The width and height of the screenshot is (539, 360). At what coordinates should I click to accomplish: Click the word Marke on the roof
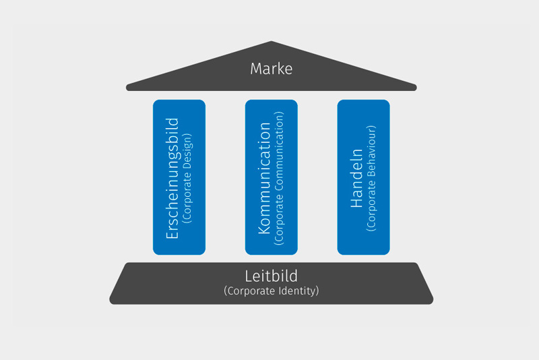271,69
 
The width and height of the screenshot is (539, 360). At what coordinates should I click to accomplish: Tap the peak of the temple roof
272,43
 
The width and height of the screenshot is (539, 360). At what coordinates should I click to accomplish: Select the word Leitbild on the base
271,276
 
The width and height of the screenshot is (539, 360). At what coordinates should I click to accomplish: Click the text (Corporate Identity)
271,291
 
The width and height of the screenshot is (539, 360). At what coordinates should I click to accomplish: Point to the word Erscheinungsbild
172,178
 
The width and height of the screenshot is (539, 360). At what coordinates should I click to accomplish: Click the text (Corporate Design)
187,178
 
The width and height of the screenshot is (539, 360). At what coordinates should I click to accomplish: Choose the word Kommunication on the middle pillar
265,178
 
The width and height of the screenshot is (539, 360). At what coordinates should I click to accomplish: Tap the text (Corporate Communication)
279,178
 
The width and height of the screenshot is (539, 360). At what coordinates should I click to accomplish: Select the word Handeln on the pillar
357,178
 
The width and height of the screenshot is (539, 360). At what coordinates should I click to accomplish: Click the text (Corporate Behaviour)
371,178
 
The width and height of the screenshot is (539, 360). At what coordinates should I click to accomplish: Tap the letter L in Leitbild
248,276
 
